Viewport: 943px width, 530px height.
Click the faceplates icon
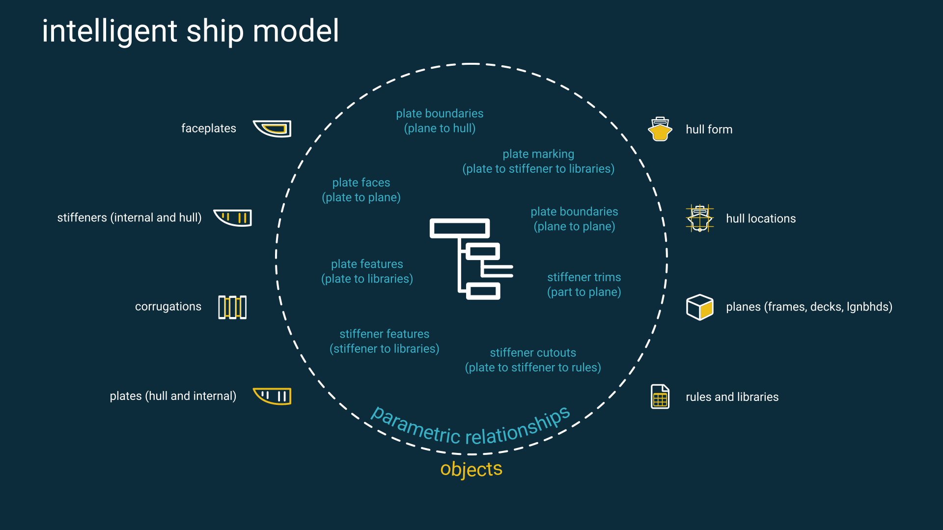(x=272, y=129)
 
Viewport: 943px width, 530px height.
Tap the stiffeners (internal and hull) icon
(x=233, y=217)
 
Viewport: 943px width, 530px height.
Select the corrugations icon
(x=232, y=307)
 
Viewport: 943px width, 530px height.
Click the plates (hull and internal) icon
(x=272, y=396)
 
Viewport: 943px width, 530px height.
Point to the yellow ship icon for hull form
(x=660, y=130)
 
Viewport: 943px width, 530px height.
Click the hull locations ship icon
(x=699, y=218)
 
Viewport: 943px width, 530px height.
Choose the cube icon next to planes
(x=699, y=307)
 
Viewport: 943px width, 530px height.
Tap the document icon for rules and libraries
(x=660, y=397)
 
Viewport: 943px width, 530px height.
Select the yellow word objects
(x=471, y=469)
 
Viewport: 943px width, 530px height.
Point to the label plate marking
(x=538, y=154)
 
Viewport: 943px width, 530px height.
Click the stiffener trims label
(x=584, y=277)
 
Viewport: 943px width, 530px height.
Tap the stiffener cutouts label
(x=533, y=353)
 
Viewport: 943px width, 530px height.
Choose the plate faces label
(x=361, y=183)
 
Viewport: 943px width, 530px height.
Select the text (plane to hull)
(x=440, y=129)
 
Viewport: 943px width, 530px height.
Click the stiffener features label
(x=384, y=334)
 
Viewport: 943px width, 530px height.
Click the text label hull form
(x=709, y=130)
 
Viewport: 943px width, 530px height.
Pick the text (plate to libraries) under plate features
(x=367, y=279)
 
